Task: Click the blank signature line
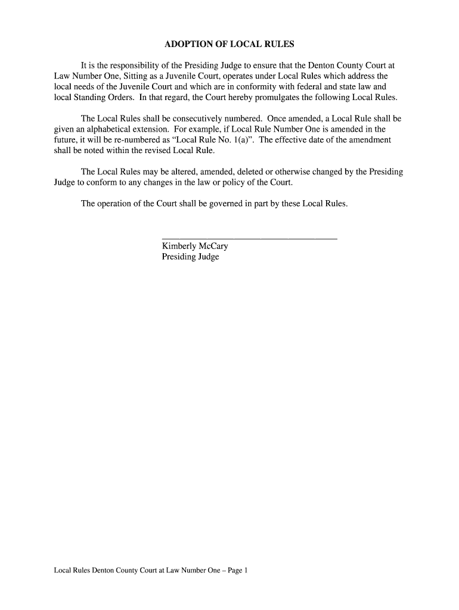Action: (x=249, y=238)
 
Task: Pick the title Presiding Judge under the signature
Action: (x=190, y=257)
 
